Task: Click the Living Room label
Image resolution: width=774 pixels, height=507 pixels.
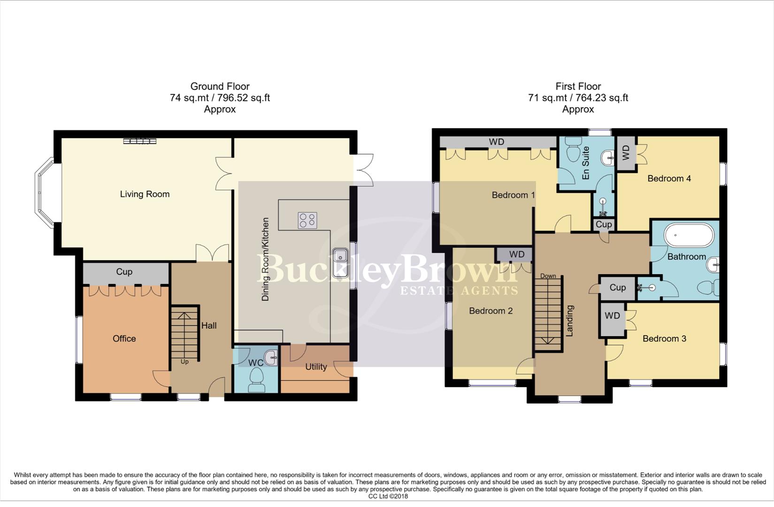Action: (x=145, y=194)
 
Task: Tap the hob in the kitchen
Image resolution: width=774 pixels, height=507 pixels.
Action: (x=307, y=220)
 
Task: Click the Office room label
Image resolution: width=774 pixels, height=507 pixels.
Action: (x=124, y=338)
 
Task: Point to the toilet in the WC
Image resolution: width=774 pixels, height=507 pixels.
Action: (x=257, y=378)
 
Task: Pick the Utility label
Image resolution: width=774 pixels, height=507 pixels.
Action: (x=316, y=367)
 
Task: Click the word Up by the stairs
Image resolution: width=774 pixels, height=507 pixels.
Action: (x=184, y=361)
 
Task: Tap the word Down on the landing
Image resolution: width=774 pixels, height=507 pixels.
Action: (x=548, y=276)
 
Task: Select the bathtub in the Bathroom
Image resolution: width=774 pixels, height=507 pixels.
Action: (x=689, y=235)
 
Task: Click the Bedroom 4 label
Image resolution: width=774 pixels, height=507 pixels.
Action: (x=669, y=178)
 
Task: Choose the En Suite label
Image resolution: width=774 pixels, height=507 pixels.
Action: (x=585, y=163)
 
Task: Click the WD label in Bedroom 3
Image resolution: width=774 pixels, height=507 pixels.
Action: (x=612, y=316)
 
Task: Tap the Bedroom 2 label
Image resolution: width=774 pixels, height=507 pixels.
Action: (x=490, y=311)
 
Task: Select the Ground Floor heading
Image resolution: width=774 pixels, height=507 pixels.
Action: (x=220, y=86)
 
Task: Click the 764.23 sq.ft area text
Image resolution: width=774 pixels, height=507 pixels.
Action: (x=600, y=98)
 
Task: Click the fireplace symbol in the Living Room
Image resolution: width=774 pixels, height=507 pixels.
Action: (x=140, y=141)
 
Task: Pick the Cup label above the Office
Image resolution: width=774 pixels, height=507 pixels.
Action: (x=124, y=272)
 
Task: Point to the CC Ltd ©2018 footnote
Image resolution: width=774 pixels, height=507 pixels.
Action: (x=388, y=496)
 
